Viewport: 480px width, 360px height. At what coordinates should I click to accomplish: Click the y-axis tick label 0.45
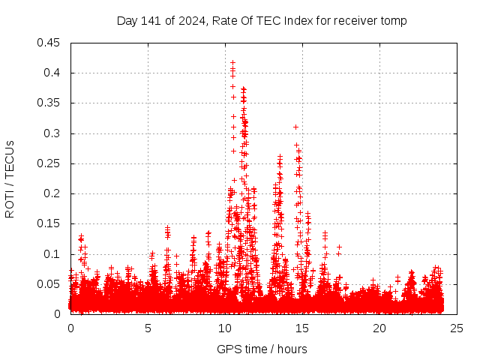click(50, 43)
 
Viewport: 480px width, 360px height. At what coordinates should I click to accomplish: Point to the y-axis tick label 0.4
click(53, 73)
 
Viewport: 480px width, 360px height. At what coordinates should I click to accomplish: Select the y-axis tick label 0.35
click(50, 103)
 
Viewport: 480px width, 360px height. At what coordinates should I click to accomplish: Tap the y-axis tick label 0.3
click(53, 133)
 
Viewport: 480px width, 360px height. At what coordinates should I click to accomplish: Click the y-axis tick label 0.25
click(50, 163)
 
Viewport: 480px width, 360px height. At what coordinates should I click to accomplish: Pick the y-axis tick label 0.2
click(53, 193)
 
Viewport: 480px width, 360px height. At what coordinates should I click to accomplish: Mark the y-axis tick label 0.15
click(50, 223)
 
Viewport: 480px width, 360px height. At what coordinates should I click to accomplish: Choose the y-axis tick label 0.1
click(53, 254)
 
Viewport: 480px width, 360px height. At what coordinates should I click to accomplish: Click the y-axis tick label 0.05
click(50, 284)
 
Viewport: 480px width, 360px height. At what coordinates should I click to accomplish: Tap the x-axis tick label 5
click(148, 328)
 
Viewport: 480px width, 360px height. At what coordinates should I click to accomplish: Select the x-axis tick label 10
click(225, 328)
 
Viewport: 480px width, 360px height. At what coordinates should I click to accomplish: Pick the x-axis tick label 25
click(457, 328)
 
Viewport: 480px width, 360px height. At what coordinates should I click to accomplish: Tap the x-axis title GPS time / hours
click(262, 349)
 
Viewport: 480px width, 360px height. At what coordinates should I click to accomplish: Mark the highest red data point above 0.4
click(233, 62)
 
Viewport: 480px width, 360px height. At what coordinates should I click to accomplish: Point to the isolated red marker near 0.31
click(295, 127)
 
